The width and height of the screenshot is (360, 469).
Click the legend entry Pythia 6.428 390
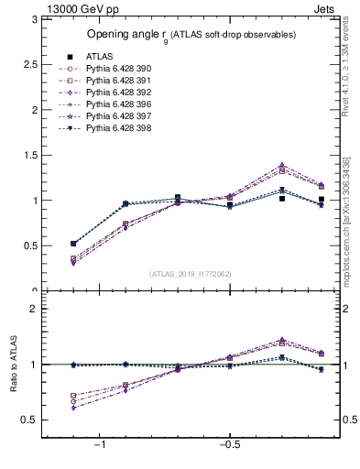coord(115,69)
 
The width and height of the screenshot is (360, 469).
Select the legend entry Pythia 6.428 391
coord(115,81)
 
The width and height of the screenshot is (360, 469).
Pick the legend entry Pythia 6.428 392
coord(115,93)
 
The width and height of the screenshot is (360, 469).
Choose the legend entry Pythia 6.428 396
coord(115,104)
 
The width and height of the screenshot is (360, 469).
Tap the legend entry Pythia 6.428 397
coord(115,116)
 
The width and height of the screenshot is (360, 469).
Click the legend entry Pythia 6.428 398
coord(115,128)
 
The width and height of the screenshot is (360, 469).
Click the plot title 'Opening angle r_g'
coord(191,35)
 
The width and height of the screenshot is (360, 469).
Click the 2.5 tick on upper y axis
coord(32,64)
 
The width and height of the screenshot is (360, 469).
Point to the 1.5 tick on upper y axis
coord(32,155)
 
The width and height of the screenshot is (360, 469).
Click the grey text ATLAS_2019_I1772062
coord(191,273)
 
